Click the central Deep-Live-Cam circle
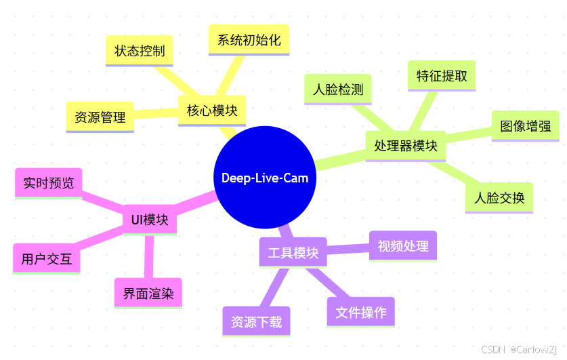click(265, 178)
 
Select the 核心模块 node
click(212, 111)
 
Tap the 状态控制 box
click(140, 51)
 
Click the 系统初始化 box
click(249, 39)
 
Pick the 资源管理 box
click(100, 117)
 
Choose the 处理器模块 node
click(405, 145)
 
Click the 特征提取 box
click(442, 75)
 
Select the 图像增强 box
click(525, 125)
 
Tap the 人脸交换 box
click(499, 198)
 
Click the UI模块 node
click(150, 220)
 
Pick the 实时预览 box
click(48, 183)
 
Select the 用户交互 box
click(47, 258)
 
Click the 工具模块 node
click(293, 252)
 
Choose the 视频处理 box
click(403, 245)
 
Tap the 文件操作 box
click(360, 312)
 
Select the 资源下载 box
click(256, 321)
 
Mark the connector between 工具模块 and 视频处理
click(348, 249)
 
